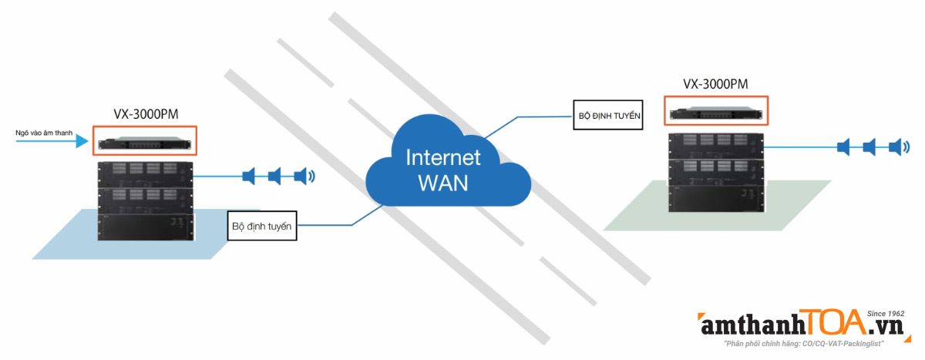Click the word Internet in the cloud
coord(443,158)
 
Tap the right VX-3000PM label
coord(715,83)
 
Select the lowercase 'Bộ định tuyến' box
coord(263,227)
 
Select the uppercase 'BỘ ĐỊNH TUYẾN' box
coord(608,116)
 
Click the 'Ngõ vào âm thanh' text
coord(44,133)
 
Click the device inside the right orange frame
coord(715,113)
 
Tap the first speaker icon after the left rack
coord(248,177)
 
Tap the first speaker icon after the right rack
coord(843,146)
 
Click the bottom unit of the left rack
coord(146,227)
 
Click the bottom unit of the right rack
coord(716,198)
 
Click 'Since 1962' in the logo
coord(885,314)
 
